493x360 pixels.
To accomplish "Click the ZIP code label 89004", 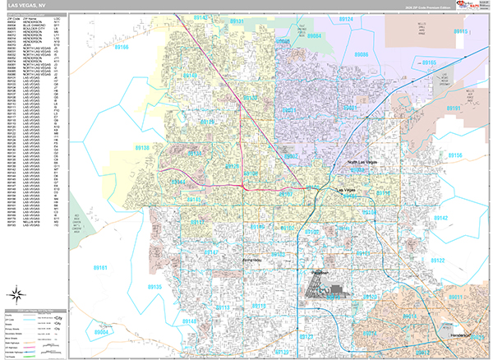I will point(103,333).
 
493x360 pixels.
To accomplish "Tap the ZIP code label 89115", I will point(460,31).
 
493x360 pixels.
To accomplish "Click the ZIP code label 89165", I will point(429,63).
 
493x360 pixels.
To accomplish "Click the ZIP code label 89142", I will point(440,218).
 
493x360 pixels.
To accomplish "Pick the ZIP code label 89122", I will point(435,260).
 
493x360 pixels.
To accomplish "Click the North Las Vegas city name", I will point(362,163).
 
